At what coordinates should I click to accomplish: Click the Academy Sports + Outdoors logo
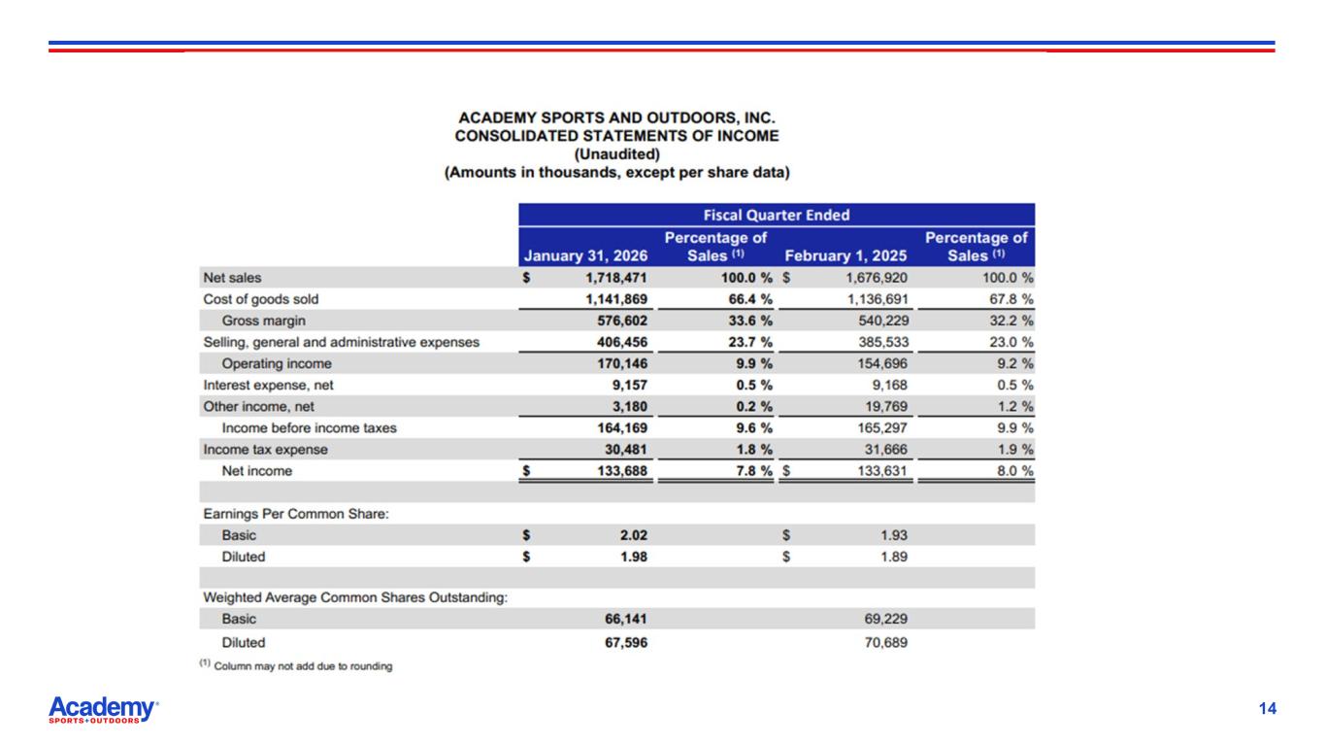[x=103, y=710]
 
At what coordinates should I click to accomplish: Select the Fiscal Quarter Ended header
[x=777, y=215]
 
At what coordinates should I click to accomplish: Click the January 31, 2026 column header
[x=585, y=255]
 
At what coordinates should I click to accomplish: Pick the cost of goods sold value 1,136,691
[x=874, y=299]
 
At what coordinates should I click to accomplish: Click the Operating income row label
[x=277, y=363]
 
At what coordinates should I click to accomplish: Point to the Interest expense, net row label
[x=268, y=385]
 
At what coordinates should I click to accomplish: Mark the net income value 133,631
[x=878, y=471]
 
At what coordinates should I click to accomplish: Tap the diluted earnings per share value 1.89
[x=893, y=557]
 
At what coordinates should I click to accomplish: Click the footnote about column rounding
[x=297, y=666]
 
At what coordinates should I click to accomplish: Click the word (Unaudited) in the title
[x=616, y=154]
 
